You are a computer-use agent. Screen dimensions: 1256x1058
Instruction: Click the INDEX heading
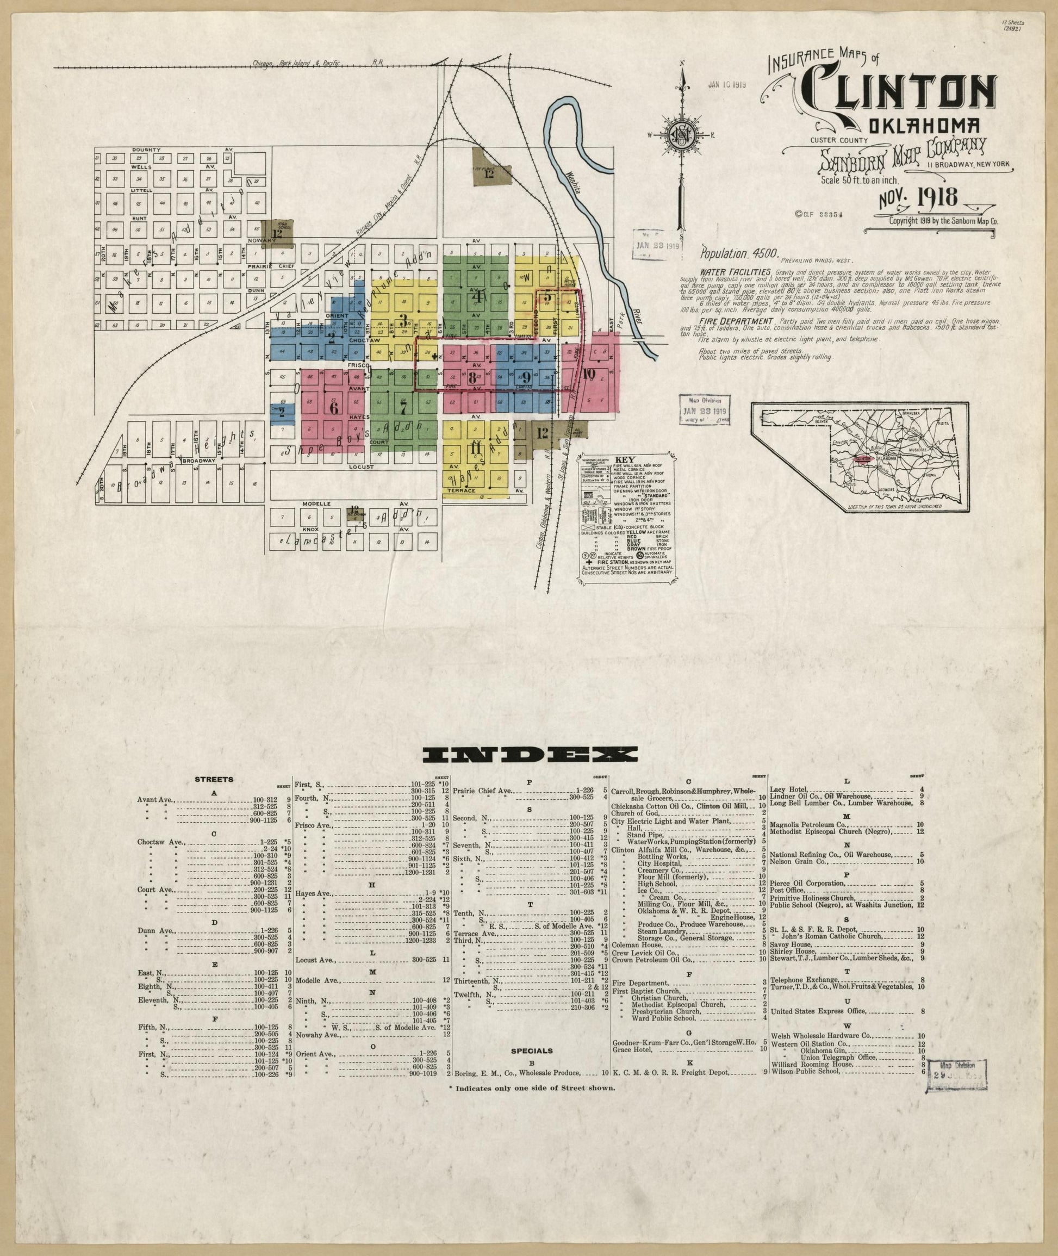pyautogui.click(x=530, y=755)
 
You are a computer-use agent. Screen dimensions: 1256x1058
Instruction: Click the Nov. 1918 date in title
pyautogui.click(x=918, y=197)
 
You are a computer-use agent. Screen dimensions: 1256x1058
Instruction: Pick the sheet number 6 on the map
pyautogui.click(x=334, y=407)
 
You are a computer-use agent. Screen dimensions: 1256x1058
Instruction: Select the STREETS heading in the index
pyautogui.click(x=214, y=780)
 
